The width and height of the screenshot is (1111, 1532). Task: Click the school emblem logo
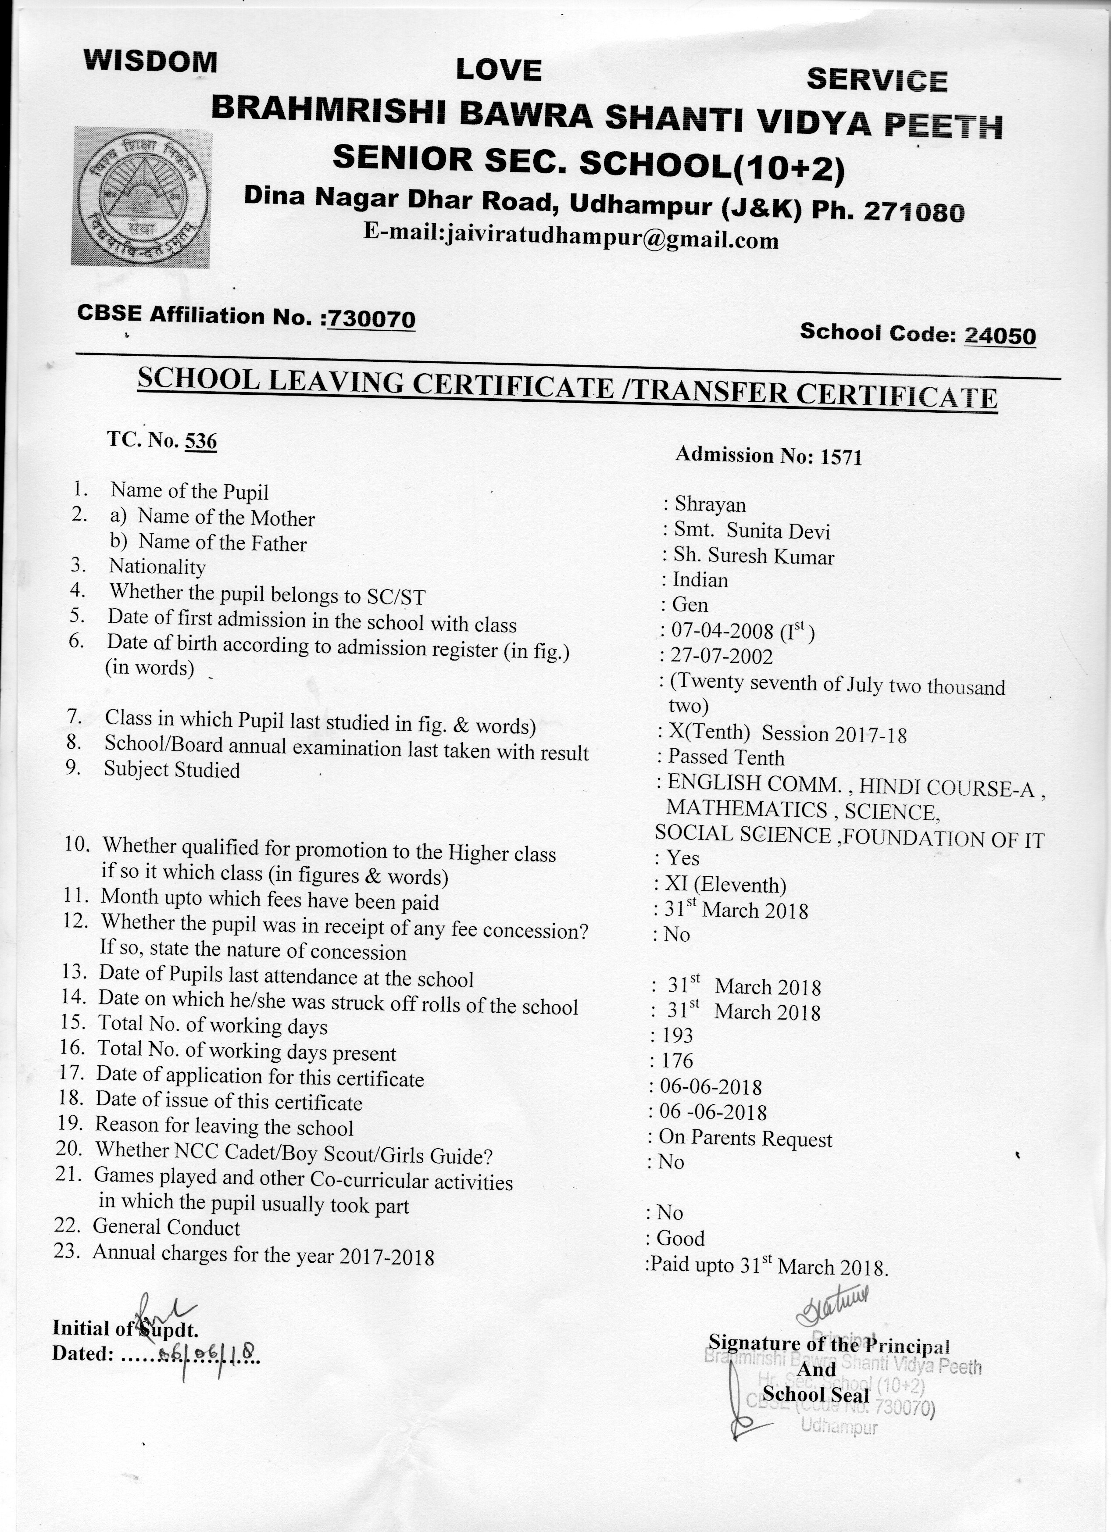point(141,196)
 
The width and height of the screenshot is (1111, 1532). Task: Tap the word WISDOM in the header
point(150,62)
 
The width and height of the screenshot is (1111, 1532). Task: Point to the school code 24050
point(1000,335)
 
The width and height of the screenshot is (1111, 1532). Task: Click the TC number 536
point(200,441)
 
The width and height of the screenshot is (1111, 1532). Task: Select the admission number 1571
point(841,457)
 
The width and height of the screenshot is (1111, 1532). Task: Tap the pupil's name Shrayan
point(710,504)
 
